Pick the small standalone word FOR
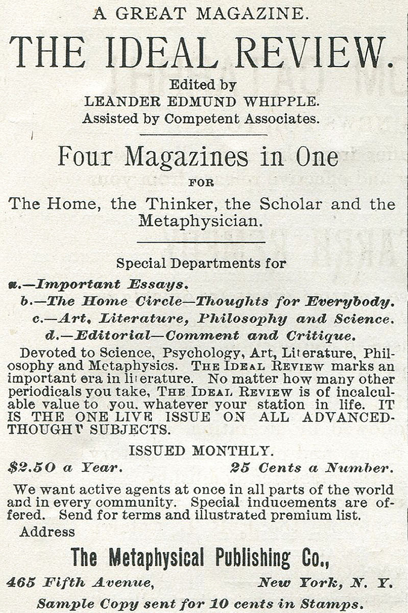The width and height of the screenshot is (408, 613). coord(201,182)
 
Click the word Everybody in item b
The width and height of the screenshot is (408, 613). coord(349,301)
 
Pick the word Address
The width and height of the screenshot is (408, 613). coord(47,532)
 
